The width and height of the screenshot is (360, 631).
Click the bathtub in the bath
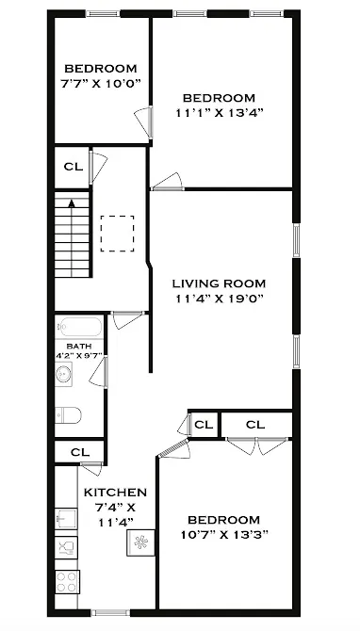[79, 330]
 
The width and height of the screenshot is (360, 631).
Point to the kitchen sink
[67, 517]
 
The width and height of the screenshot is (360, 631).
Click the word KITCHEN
[115, 493]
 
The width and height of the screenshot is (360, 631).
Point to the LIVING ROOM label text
[219, 283]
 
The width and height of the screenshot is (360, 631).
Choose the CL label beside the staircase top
[73, 167]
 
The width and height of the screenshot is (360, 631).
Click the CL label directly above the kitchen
[79, 452]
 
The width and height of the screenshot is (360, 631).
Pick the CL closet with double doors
[255, 425]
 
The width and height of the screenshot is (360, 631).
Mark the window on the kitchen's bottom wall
[110, 612]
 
